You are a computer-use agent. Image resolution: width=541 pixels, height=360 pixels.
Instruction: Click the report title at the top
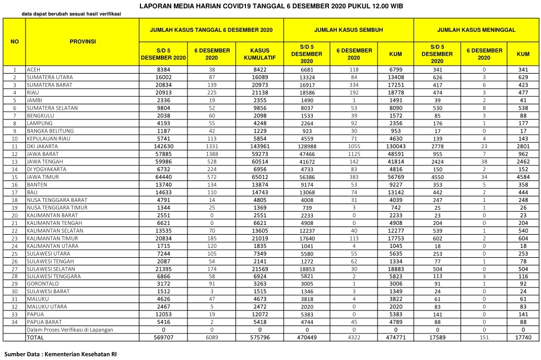coord(271,6)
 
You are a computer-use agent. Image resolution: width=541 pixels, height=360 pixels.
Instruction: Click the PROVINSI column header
coord(83,41)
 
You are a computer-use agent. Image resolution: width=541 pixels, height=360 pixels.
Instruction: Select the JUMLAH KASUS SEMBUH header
coord(348,30)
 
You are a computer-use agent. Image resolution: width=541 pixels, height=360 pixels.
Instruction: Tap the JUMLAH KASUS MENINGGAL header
coord(476,30)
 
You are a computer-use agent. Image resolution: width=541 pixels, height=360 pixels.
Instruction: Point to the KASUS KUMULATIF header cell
coord(260,54)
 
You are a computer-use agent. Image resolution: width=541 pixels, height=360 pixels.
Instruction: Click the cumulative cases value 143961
coord(260,146)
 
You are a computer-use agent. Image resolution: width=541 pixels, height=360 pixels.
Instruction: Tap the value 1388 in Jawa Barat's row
coord(212,154)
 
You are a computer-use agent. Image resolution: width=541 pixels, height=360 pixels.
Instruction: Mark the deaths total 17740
coord(523,338)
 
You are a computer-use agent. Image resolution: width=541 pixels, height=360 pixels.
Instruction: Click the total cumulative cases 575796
coord(260,338)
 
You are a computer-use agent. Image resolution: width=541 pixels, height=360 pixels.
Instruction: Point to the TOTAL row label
coord(36,338)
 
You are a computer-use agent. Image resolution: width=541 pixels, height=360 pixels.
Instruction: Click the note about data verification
coord(74,14)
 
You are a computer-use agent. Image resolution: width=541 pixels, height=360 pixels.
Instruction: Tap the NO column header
coord(15,41)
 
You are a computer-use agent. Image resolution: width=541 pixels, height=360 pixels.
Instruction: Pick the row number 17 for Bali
coord(15,192)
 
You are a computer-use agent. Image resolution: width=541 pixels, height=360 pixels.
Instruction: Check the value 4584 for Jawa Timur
coord(523,177)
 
